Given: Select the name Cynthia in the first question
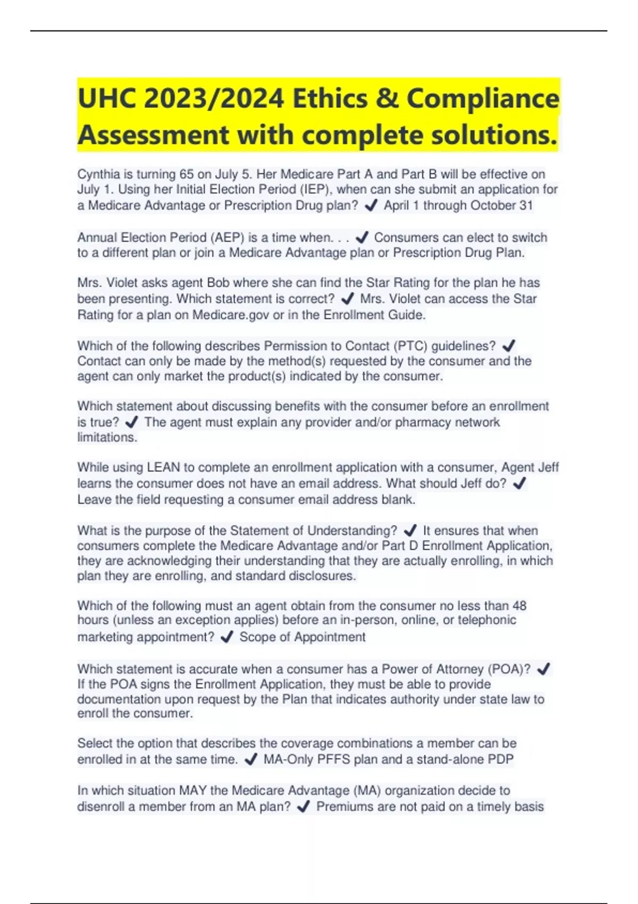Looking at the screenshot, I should pos(98,174).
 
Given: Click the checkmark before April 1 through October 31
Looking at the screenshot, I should pos(371,205).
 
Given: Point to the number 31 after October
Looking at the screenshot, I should pos(526,205).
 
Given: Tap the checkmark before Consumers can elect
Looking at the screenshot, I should pos(362,237).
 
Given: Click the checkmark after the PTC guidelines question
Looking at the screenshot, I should pos(508,346).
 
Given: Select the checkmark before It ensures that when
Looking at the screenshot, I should pos(410,530).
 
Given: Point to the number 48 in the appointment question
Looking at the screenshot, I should pos(519,606).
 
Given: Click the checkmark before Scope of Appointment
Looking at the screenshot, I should pos(226,637).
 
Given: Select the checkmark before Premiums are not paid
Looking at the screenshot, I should pos(303,807).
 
